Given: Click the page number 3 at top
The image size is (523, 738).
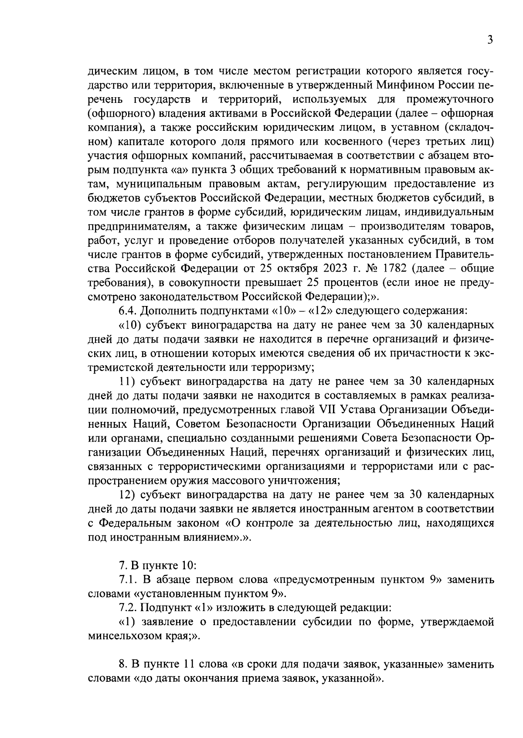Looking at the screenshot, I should (490, 41).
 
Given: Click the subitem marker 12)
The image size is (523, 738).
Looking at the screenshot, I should (128, 495).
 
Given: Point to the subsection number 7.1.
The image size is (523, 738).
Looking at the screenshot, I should (129, 580).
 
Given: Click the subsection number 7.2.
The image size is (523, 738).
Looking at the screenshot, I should (129, 608).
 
